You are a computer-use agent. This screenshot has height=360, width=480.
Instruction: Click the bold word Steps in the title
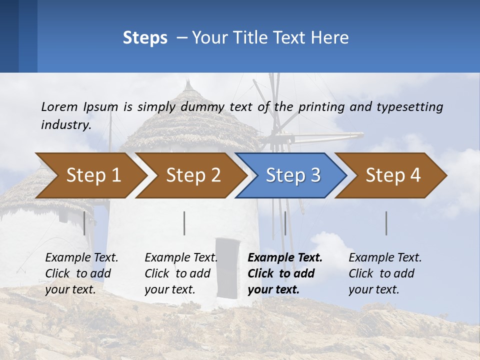pyautogui.click(x=145, y=38)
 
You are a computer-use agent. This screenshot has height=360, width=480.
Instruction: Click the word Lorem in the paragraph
pyautogui.click(x=59, y=106)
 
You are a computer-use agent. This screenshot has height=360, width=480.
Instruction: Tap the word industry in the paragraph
pyautogui.click(x=65, y=124)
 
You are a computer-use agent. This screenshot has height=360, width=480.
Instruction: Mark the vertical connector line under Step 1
pyautogui.click(x=84, y=223)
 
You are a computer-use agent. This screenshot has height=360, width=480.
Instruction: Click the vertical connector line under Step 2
pyautogui.click(x=184, y=223)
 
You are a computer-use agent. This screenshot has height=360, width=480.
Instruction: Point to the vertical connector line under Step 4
pyautogui.click(x=386, y=223)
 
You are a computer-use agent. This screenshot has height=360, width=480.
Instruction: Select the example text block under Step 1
pyautogui.click(x=81, y=273)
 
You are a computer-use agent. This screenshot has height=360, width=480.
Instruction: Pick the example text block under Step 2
pyautogui.click(x=181, y=273)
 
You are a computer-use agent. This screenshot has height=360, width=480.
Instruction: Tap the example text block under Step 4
pyautogui.click(x=385, y=273)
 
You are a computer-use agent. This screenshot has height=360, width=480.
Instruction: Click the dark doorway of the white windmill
pyautogui.click(x=228, y=267)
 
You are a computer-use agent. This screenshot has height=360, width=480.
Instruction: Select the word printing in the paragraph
pyautogui.click(x=320, y=106)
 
